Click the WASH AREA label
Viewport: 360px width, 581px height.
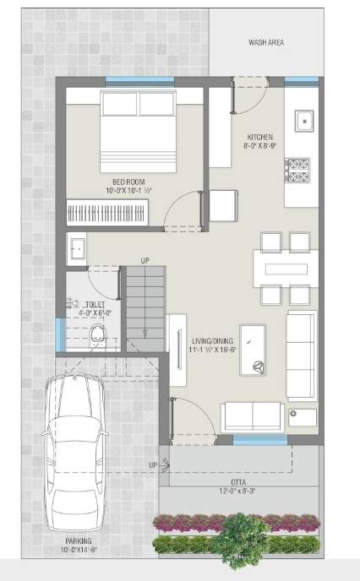point(265,41)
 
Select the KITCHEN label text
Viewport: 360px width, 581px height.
point(259,137)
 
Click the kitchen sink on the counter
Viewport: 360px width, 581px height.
point(303,121)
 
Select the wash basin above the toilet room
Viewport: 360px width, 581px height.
point(76,248)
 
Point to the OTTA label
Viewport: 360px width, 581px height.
point(237,481)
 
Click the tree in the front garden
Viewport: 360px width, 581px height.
point(238,535)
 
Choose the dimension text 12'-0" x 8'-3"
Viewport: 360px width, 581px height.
point(237,491)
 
